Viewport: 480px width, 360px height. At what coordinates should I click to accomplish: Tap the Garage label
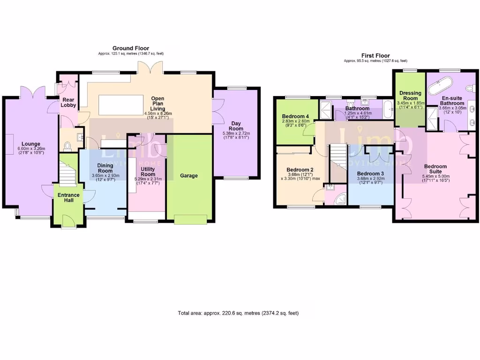point(189,176)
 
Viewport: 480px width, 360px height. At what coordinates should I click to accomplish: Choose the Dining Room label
point(105,168)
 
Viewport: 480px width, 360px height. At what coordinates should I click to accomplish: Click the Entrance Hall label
point(68,197)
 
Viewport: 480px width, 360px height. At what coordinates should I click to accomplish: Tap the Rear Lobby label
point(68,102)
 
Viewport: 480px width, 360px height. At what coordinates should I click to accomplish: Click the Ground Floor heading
point(131,48)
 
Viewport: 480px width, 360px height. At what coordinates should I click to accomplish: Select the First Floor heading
point(375,55)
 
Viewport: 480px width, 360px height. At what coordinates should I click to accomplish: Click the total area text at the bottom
point(238,313)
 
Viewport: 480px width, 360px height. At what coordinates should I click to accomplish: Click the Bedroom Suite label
point(435,169)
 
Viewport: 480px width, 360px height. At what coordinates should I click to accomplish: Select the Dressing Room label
point(410,96)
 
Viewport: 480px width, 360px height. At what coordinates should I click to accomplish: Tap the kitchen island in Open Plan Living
point(120,105)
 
